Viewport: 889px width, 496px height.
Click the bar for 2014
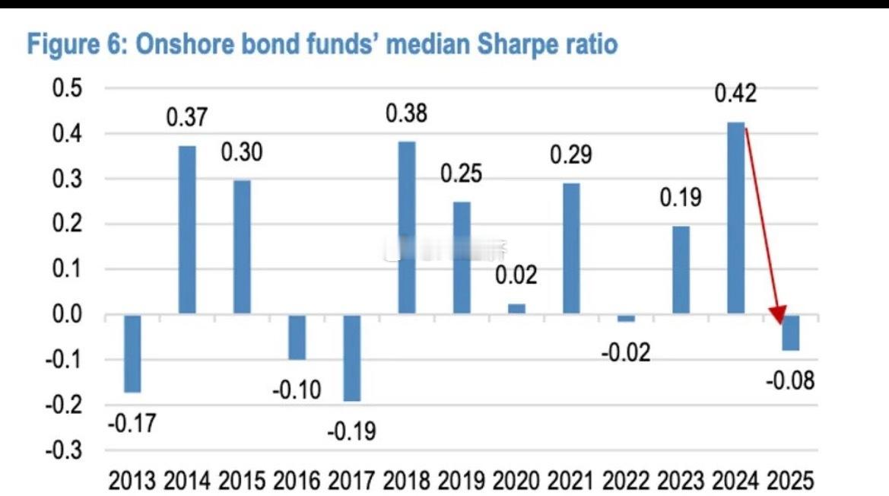click(187, 230)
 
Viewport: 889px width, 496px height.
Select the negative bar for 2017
click(351, 358)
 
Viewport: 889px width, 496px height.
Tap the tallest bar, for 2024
click(735, 218)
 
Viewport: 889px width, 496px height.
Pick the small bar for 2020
click(516, 309)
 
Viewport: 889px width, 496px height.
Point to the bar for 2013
click(132, 353)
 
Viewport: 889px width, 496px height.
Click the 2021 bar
click(571, 248)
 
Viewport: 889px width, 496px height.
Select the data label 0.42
click(735, 94)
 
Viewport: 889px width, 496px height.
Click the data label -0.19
click(351, 432)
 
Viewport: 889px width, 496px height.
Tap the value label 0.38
click(406, 114)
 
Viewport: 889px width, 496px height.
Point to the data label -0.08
click(789, 380)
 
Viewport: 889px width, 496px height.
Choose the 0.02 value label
click(516, 275)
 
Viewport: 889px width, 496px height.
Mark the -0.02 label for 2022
click(626, 352)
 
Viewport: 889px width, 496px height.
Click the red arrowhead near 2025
click(778, 314)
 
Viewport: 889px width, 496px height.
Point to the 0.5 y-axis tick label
click(67, 88)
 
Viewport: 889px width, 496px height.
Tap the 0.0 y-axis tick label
click(67, 314)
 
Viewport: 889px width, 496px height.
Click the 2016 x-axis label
click(297, 481)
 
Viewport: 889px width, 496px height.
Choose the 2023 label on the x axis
click(680, 481)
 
